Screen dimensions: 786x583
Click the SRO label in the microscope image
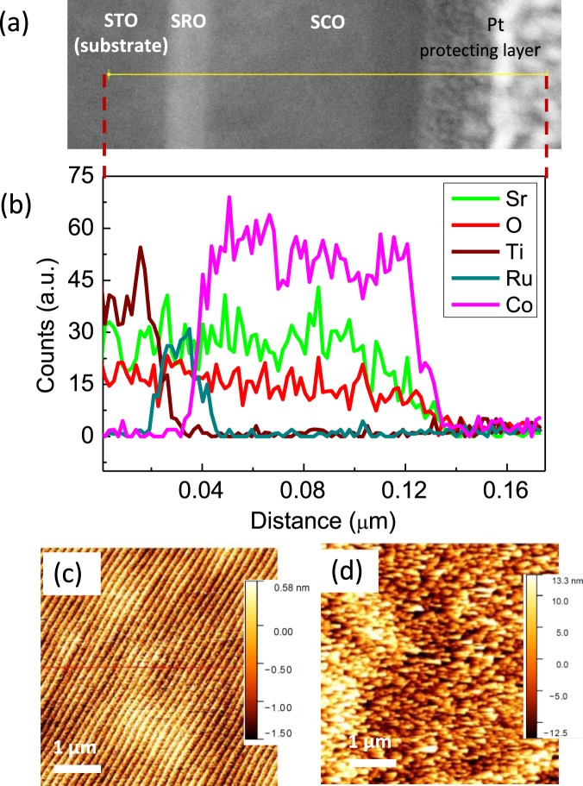[x=189, y=20]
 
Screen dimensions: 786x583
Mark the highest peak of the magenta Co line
[x=229, y=198]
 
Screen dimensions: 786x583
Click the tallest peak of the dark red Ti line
[x=141, y=248]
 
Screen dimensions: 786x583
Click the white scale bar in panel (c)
[x=76, y=767]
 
